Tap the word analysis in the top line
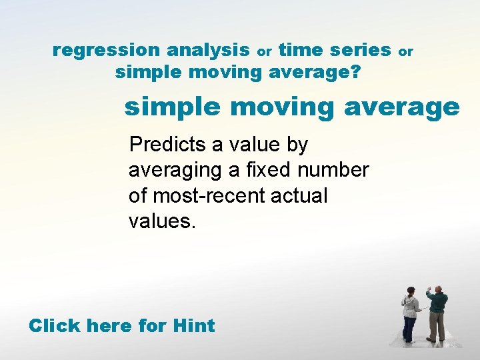(208, 50)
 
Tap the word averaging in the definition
(175, 171)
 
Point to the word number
(333, 170)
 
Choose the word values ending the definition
(162, 221)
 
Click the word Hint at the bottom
(193, 325)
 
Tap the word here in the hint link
(109, 325)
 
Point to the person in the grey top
(409, 313)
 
